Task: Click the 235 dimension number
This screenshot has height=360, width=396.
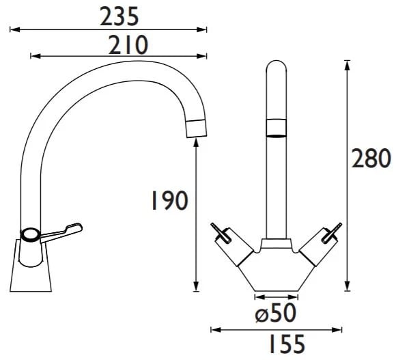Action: pos(119,16)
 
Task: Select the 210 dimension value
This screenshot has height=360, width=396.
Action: pos(128,45)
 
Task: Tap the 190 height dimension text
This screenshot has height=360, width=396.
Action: pos(169,200)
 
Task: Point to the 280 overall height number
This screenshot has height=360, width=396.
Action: pos(371,158)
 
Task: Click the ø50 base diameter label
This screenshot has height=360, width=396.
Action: pos(275,313)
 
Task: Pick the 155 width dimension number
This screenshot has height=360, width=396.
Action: pos(287,344)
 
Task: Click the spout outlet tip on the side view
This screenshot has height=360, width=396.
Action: pos(196,128)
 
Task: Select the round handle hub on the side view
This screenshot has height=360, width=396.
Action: pos(30,235)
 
